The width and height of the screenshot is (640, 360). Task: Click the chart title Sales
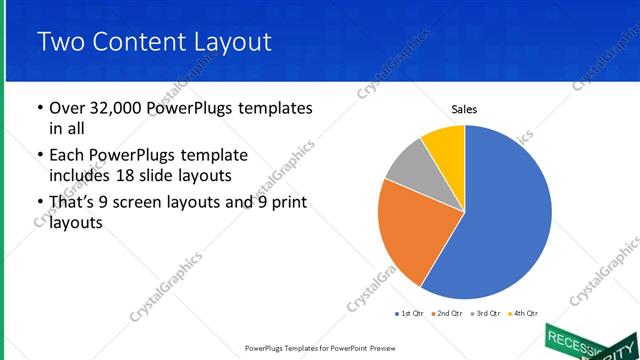464,108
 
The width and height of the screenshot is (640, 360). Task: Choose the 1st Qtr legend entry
409,313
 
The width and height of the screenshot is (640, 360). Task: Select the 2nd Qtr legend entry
445,313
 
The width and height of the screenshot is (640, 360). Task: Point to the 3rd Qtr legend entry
483,313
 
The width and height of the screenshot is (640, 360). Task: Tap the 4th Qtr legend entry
522,313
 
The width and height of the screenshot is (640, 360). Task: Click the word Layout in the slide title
226,41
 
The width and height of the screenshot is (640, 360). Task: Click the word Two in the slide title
61,41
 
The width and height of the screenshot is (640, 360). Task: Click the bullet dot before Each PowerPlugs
39,156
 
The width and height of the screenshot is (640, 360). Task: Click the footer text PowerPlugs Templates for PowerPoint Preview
320,348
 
